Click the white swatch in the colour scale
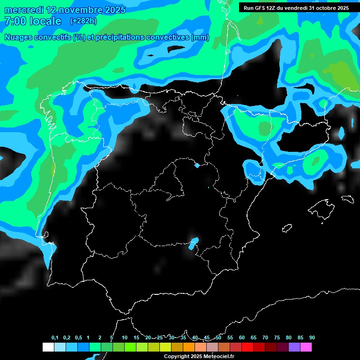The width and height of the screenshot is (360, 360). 48,347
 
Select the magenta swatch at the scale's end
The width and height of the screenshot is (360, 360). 306,347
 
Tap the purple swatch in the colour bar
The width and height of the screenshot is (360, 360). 294,347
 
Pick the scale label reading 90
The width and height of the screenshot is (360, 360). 312,338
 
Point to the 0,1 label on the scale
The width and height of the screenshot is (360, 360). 55,338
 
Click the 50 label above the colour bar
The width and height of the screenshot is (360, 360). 218,338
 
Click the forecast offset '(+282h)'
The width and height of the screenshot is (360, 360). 83,21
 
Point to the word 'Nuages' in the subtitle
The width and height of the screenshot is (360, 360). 20,37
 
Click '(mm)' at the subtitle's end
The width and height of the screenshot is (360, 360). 200,37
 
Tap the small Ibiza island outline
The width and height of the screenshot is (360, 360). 287,228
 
